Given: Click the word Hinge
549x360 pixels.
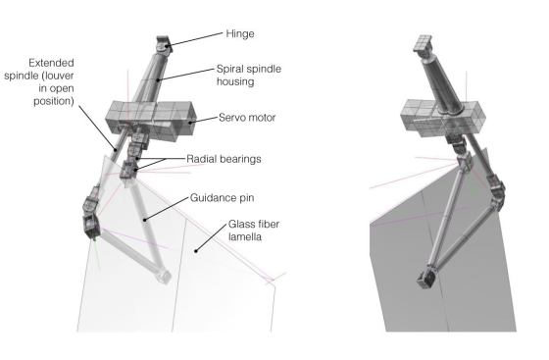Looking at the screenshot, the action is [x=240, y=34].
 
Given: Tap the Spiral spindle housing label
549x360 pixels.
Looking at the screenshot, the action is [x=249, y=75].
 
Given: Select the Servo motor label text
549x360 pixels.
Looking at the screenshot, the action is [x=247, y=118].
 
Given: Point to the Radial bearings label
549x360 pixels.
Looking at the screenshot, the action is [x=224, y=159].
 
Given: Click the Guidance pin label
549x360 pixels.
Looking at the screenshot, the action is [x=222, y=198].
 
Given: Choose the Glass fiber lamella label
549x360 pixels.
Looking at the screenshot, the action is [x=254, y=231].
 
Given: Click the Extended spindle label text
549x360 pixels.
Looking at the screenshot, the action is [x=39, y=82].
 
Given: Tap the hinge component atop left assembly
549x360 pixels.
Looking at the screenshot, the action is [x=164, y=44].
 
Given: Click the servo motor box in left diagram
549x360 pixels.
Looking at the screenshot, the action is [x=151, y=120].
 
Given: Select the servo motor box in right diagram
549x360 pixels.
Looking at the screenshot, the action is [x=443, y=118].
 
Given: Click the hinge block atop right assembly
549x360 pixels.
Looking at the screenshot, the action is [x=423, y=43].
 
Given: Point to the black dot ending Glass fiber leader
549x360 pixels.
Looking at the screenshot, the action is [x=196, y=251].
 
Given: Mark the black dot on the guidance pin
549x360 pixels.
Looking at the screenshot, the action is [x=145, y=220].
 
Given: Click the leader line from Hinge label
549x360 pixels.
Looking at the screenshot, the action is [x=195, y=39].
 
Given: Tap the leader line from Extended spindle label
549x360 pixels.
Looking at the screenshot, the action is [x=96, y=128].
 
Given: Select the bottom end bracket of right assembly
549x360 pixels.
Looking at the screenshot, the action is [x=427, y=278].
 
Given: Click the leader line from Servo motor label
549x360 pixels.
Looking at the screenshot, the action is [x=204, y=120].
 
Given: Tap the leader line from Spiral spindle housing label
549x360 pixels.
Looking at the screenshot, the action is [x=185, y=75].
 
